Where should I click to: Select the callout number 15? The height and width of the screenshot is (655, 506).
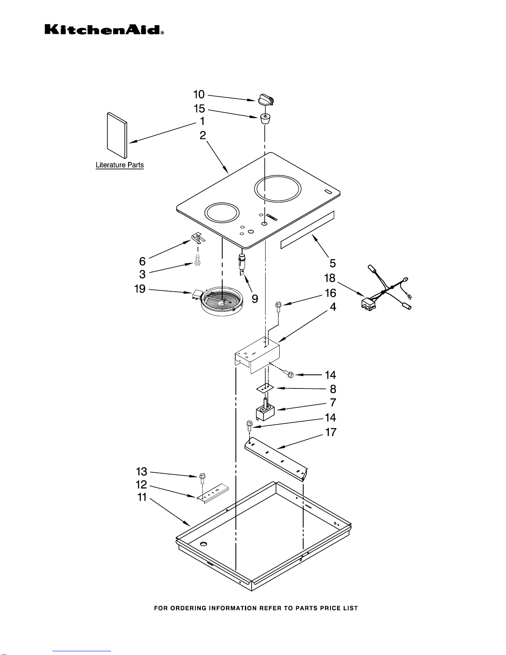click(199, 109)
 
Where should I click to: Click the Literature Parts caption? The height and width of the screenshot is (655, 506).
click(120, 165)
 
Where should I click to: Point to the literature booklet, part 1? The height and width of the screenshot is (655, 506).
click(116, 135)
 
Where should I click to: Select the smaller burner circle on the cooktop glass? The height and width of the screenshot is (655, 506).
click(222, 214)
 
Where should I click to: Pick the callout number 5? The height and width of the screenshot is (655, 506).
click(332, 263)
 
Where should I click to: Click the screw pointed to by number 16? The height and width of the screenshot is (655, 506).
click(279, 307)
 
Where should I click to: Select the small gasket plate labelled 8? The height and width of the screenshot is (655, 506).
click(264, 388)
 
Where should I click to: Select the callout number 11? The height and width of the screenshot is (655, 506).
click(142, 497)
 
